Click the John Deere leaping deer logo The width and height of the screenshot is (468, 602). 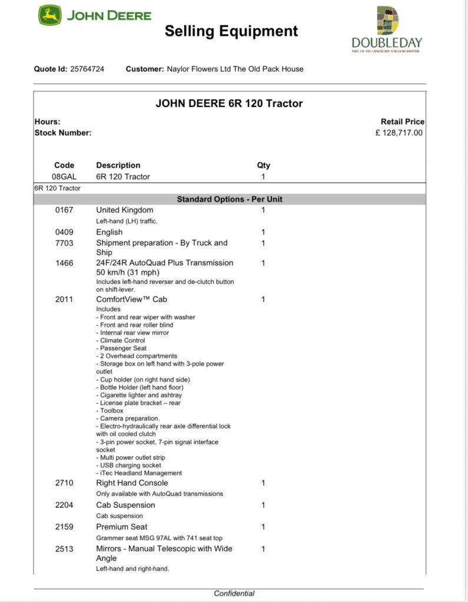50,15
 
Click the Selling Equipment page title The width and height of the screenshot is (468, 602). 231,31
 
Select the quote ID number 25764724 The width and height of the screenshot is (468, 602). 87,69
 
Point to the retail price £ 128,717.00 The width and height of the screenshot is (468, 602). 399,133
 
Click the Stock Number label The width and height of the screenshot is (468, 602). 63,133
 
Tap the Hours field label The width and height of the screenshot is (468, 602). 47,122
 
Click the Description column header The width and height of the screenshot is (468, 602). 118,165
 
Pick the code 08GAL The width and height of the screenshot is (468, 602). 64,176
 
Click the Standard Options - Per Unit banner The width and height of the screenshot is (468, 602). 230,199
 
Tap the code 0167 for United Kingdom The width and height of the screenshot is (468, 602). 64,210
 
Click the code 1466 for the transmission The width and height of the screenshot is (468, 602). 64,263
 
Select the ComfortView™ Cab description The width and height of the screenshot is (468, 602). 131,299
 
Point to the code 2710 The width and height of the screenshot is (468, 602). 64,483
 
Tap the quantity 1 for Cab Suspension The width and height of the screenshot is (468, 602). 263,505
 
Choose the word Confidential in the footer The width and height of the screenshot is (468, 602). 234,593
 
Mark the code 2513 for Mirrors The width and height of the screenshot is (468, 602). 64,549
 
